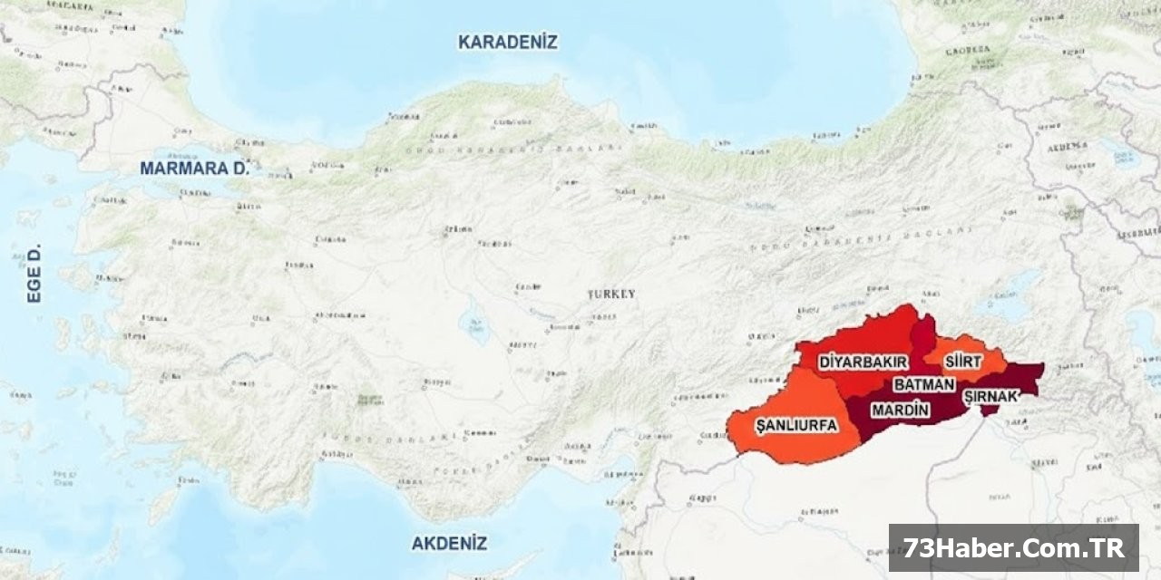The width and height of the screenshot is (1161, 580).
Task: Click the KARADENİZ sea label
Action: pyautogui.click(x=507, y=42)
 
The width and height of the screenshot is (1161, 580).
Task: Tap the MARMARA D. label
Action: pyautogui.click(x=194, y=169)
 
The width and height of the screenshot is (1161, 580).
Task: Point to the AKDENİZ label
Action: pyautogui.click(x=449, y=544)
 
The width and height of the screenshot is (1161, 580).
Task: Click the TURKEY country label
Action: pyautogui.click(x=611, y=295)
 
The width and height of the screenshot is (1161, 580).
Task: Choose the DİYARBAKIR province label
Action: pyautogui.click(x=863, y=362)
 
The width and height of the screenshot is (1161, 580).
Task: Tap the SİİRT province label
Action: pyautogui.click(x=962, y=362)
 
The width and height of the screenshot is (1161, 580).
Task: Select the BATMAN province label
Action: pyautogui.click(x=924, y=384)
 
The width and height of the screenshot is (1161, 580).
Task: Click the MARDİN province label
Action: pyautogui.click(x=900, y=410)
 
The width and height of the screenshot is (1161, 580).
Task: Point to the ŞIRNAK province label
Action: pyautogui.click(x=990, y=396)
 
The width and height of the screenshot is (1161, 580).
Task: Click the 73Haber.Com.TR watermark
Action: pyautogui.click(x=1013, y=548)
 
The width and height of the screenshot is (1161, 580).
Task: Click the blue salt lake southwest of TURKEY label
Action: pyautogui.click(x=473, y=324)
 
